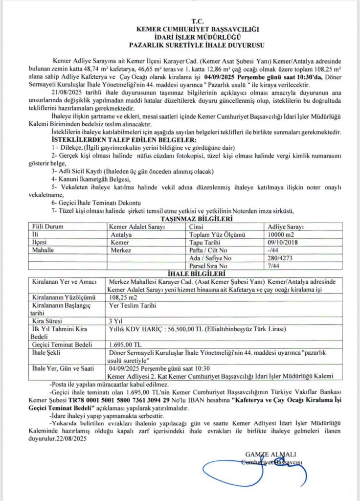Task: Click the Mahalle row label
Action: pyautogui.click(x=44, y=250)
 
